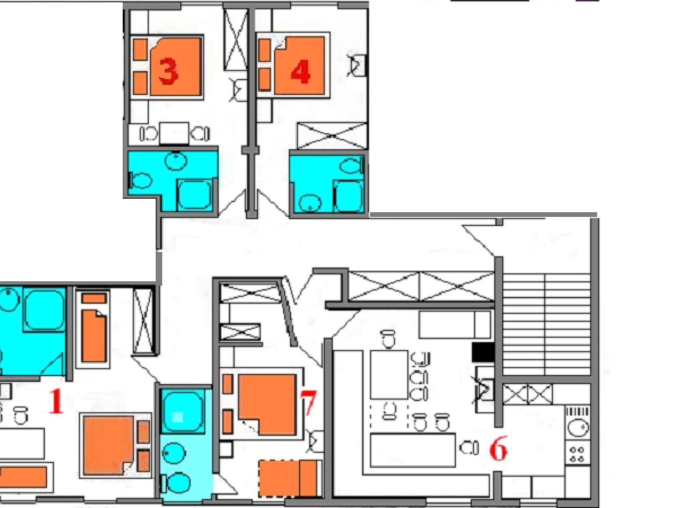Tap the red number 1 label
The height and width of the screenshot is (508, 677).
(x=56, y=401)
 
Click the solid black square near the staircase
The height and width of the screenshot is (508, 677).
(x=483, y=352)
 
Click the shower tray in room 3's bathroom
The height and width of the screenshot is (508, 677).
(x=195, y=195)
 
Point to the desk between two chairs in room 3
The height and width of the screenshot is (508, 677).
(x=174, y=133)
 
